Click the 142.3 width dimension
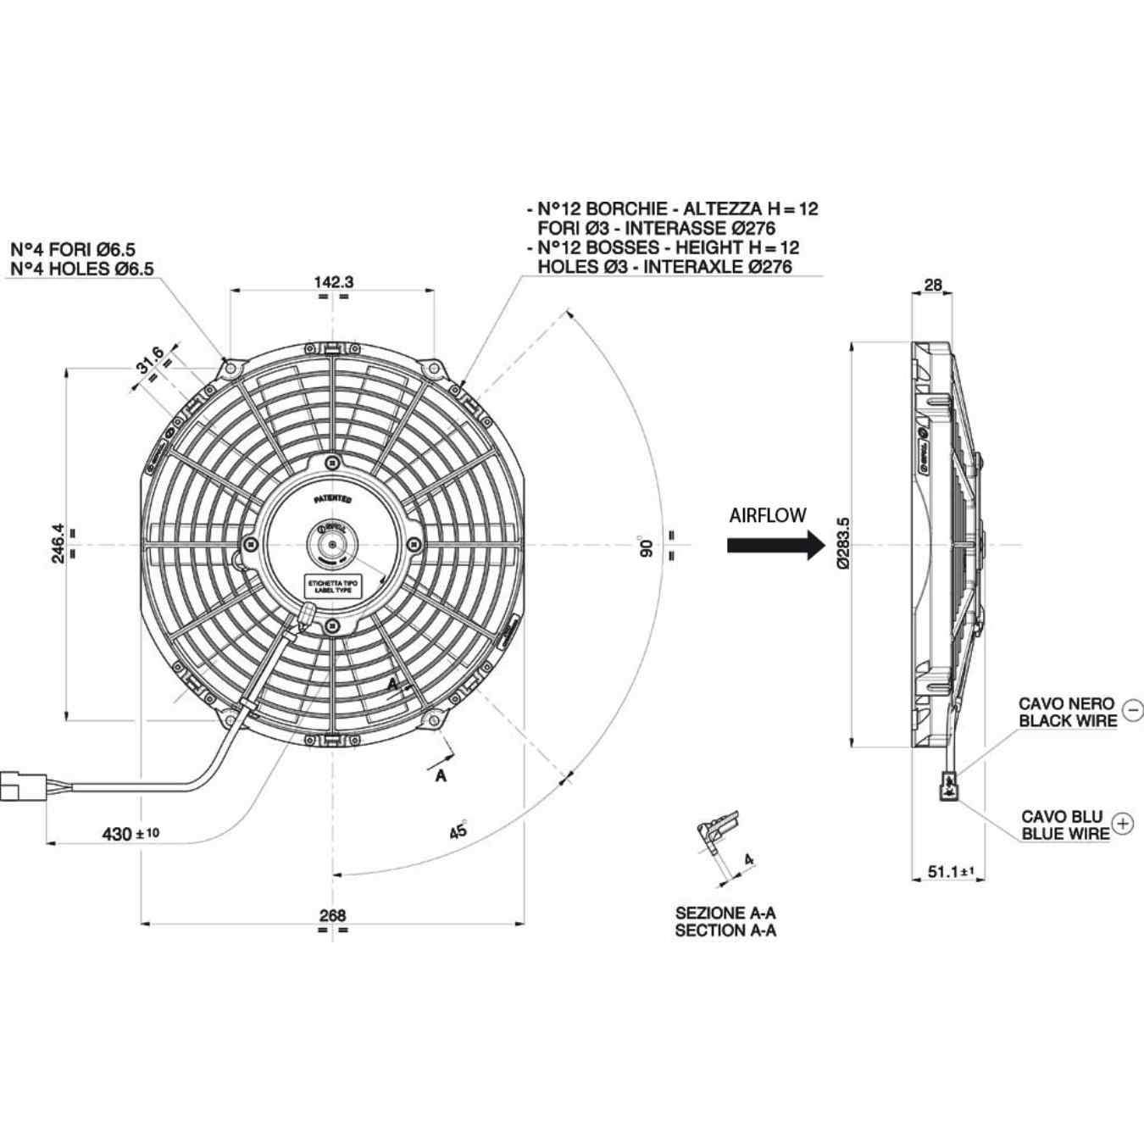click(333, 282)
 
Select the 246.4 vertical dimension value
click(58, 543)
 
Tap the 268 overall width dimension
click(332, 915)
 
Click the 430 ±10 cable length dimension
click(130, 834)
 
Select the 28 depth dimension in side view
click(932, 286)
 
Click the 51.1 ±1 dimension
click(950, 871)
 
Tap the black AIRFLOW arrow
click(775, 545)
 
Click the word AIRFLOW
click(768, 515)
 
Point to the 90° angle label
click(647, 546)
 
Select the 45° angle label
click(458, 830)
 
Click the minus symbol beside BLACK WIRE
click(1132, 709)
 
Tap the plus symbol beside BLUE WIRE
click(1123, 823)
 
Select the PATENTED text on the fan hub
click(333, 500)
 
